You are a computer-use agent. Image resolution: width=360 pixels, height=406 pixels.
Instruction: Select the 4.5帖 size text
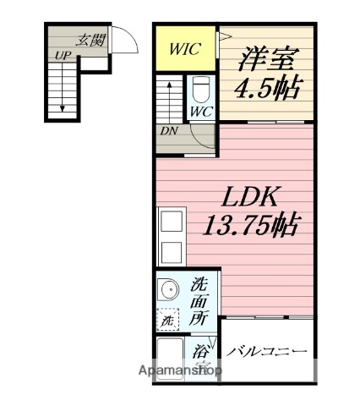(269, 87)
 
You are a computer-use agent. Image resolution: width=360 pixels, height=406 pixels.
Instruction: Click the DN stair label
(168, 130)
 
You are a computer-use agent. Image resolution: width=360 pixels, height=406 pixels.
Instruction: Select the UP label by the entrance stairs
(63, 56)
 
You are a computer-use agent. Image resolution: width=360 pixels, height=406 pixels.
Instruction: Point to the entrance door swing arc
(124, 40)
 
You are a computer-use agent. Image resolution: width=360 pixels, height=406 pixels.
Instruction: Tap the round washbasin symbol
(169, 290)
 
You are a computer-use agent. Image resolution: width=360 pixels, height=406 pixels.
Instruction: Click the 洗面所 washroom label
(199, 301)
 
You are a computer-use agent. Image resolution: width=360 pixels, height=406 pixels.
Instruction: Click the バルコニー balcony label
(266, 352)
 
